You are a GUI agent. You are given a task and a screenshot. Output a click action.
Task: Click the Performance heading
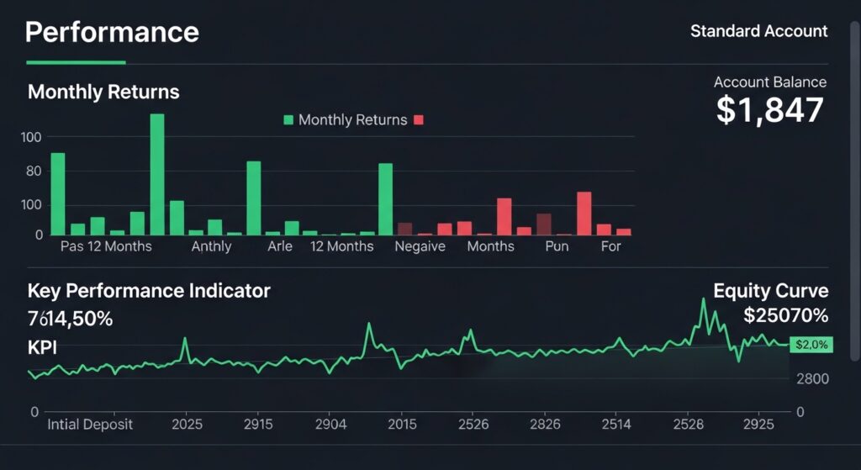[x=112, y=32]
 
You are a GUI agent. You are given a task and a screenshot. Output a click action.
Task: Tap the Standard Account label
[x=758, y=31]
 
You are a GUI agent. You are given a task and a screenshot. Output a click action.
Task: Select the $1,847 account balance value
[x=769, y=110]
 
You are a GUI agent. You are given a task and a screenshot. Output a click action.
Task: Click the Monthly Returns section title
[x=103, y=92]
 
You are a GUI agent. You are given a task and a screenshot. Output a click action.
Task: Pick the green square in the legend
[x=288, y=120]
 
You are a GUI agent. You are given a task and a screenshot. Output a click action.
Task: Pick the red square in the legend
[x=419, y=120]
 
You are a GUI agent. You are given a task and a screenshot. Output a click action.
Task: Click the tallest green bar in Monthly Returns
[x=157, y=173]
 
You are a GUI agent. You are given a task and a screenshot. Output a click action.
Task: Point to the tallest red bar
[x=584, y=213]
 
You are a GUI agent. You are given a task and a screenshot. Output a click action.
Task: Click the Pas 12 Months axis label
[x=106, y=246]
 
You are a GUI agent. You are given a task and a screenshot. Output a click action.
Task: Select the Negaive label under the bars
[x=420, y=246]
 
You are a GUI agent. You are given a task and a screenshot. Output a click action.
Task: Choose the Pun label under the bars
[x=557, y=246]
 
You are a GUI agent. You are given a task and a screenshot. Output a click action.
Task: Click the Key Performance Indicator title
[x=149, y=291]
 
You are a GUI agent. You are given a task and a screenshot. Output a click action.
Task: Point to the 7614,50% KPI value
[x=71, y=319]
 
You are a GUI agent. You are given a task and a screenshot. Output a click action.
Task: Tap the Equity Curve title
[x=770, y=291]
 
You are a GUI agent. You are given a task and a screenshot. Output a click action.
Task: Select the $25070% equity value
[x=785, y=316]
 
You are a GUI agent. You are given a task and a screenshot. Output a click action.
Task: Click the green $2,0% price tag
[x=811, y=344]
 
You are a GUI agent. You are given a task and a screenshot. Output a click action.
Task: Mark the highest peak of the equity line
[x=704, y=300]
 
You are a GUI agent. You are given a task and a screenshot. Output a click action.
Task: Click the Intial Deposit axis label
[x=90, y=424]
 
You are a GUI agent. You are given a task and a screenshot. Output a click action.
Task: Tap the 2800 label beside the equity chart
[x=811, y=378]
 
